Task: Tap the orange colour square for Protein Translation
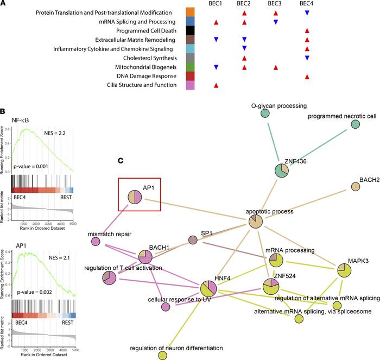(191, 12)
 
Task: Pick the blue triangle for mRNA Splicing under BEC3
(276, 22)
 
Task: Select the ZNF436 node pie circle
(282, 170)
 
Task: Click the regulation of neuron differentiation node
(162, 355)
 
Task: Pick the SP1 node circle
(192, 239)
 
